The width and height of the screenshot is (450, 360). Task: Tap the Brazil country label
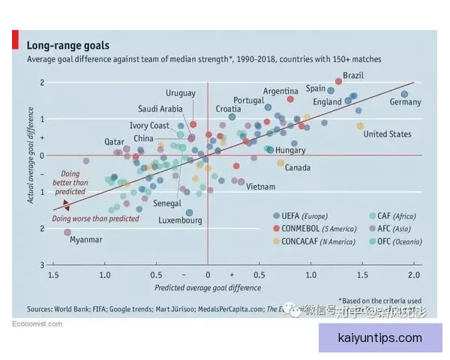click(353, 76)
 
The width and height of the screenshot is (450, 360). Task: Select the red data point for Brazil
click(338, 81)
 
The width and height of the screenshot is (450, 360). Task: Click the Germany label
click(405, 103)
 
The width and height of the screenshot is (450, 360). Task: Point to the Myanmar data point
click(67, 232)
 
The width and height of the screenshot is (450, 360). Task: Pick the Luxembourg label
click(180, 221)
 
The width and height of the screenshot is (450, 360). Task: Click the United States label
click(387, 134)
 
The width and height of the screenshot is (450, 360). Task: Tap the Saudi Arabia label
click(160, 109)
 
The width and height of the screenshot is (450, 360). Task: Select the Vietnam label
click(260, 187)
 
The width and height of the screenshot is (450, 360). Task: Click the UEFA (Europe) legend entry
click(305, 216)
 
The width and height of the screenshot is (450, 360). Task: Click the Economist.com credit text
click(37, 324)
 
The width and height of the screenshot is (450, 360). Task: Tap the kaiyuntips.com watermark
click(381, 338)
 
